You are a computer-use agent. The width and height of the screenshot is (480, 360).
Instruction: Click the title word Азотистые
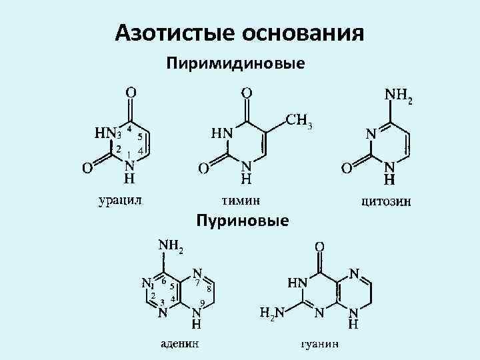[167, 32]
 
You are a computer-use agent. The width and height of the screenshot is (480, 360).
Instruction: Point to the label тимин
[241, 199]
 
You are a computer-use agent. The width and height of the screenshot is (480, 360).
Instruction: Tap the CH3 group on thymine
[299, 121]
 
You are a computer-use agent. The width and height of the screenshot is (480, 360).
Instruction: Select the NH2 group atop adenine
[170, 245]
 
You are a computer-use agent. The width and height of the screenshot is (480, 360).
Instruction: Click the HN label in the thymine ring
[222, 133]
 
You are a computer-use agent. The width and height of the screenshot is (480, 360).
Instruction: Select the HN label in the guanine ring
[298, 283]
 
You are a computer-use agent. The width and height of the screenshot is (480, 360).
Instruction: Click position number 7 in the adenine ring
[197, 283]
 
